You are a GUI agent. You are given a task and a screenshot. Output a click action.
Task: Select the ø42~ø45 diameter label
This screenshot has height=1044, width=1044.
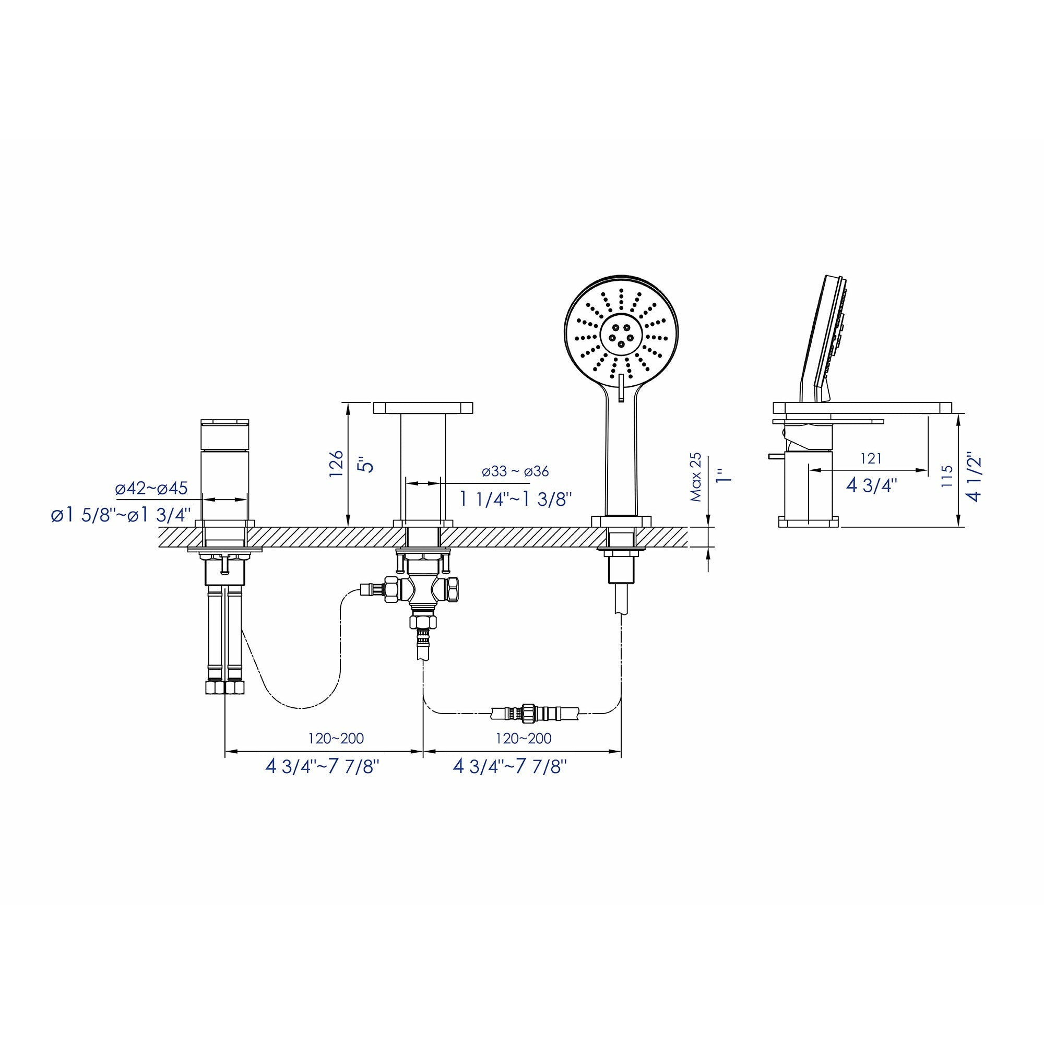[x=151, y=488]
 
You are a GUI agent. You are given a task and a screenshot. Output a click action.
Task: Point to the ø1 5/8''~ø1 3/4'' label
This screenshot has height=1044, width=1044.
[x=121, y=515]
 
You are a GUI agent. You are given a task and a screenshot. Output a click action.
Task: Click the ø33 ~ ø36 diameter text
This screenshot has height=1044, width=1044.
[x=516, y=471]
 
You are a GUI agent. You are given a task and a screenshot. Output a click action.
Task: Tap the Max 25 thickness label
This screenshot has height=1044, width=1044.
[x=696, y=477]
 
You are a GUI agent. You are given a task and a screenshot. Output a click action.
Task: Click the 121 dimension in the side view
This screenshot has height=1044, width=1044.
[x=871, y=458]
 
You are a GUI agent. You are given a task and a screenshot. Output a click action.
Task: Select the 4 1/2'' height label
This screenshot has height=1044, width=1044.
[x=974, y=477]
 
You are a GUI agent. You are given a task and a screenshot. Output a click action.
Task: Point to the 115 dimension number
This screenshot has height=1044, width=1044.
[x=947, y=477]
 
